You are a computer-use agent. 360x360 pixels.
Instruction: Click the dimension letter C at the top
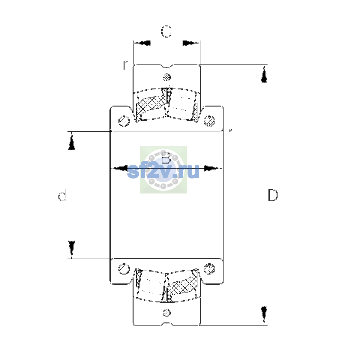(166, 31)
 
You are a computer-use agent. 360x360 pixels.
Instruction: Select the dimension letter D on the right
(273, 195)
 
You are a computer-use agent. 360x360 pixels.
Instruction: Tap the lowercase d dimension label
(62, 195)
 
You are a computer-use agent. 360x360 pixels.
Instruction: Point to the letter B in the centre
(166, 158)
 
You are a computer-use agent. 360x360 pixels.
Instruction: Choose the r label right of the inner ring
(231, 133)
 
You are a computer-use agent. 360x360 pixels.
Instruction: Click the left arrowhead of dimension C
(142, 43)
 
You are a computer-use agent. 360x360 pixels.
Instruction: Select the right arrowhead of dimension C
(191, 43)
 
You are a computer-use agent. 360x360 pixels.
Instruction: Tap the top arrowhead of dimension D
(264, 73)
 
